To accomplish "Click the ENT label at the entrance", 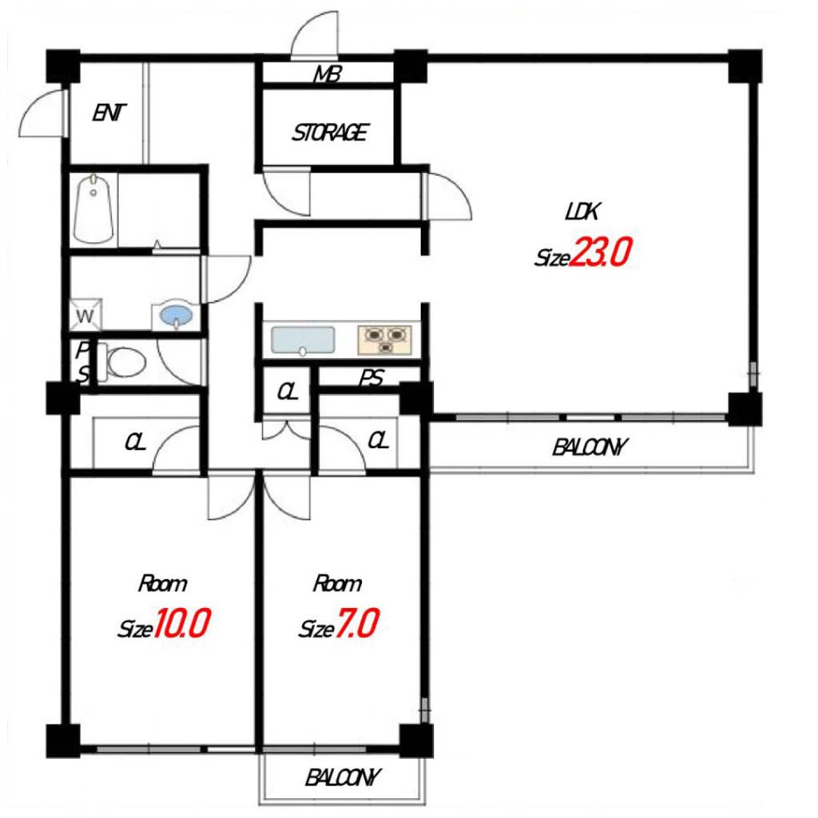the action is [109, 113].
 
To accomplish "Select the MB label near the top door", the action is [328, 74].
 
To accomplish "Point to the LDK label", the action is [582, 211].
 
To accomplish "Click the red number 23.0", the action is [600, 252].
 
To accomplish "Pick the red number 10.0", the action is [181, 623].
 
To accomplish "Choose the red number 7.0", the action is [357, 624].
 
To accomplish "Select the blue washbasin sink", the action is [176, 315].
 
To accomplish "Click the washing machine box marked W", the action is [85, 315].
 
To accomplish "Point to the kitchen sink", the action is [303, 341].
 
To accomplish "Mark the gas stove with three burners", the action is [385, 340].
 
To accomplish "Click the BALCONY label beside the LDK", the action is [590, 447].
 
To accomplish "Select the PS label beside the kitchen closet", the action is [371, 378].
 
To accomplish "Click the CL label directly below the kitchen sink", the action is [288, 391].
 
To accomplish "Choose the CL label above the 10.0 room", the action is [134, 443].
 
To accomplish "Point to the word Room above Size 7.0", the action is [337, 583].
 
